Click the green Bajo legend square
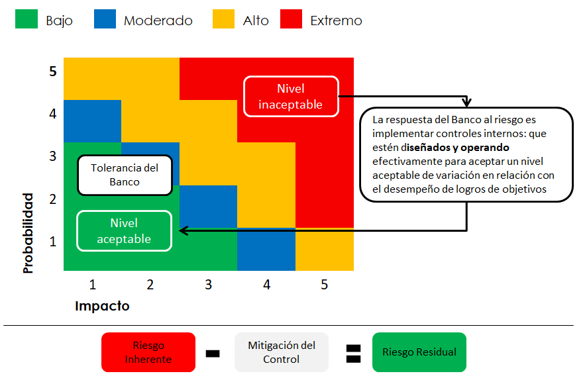[27, 20]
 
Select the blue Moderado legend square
[105, 20]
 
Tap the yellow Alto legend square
[224, 20]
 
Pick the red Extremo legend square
[292, 20]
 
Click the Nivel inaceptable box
[291, 97]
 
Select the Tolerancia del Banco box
[125, 175]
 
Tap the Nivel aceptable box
[124, 231]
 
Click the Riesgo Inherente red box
[148, 353]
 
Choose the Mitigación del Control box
[282, 353]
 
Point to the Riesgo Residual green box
[419, 352]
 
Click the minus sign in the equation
[213, 354]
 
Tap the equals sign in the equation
[353, 353]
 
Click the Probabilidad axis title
[28, 233]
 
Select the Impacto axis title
[102, 306]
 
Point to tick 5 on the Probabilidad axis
[52, 71]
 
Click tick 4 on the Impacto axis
[266, 285]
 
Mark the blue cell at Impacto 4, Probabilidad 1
[266, 249]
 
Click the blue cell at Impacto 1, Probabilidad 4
[92, 121]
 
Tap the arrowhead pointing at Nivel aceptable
[184, 231]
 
